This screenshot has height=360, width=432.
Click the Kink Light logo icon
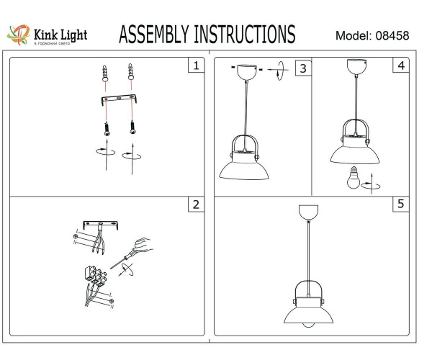coord(17,33)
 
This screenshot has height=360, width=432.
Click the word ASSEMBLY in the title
coord(150,34)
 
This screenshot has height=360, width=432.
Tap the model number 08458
coord(395,36)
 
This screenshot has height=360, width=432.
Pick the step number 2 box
coord(194,204)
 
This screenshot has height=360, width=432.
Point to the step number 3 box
coord(303,68)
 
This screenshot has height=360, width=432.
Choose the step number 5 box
coord(400,204)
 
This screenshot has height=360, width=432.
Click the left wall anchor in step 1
coord(107,73)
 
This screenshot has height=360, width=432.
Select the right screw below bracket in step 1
coord(132,127)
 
